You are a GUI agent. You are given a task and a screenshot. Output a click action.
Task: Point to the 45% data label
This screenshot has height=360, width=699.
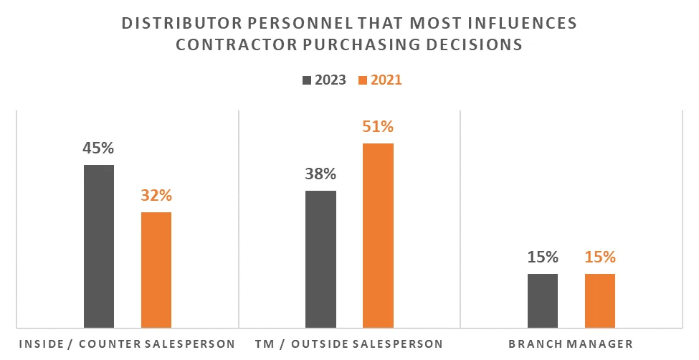[x=99, y=149]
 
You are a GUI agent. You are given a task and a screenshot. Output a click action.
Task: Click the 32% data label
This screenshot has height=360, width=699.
[x=156, y=196]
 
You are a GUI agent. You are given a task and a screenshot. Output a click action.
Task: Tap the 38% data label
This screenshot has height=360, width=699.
[x=320, y=174]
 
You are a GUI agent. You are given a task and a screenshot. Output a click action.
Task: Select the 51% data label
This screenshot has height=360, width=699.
[x=378, y=127]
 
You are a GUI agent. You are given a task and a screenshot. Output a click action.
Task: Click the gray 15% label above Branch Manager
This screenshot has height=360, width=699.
[x=543, y=257]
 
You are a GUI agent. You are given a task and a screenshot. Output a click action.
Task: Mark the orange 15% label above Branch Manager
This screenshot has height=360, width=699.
[x=600, y=257]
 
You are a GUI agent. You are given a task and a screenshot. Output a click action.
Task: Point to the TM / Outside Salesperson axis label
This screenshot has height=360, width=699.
[x=349, y=344]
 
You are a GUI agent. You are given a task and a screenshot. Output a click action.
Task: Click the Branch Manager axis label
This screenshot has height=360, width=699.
[x=571, y=344]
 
